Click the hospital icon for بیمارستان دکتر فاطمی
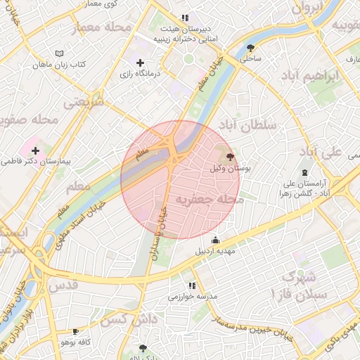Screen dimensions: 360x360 click(x=35, y=150)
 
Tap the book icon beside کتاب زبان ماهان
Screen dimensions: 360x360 click(x=59, y=53)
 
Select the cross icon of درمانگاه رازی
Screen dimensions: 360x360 click(x=141, y=63)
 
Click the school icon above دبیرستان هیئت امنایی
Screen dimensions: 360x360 click(x=184, y=18)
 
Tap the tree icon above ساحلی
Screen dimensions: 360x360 click(x=251, y=48)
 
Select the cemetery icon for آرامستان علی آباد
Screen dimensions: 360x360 click(x=304, y=173)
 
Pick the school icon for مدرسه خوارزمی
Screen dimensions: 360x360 click(x=191, y=285)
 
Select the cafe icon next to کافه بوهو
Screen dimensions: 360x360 click(x=76, y=331)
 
